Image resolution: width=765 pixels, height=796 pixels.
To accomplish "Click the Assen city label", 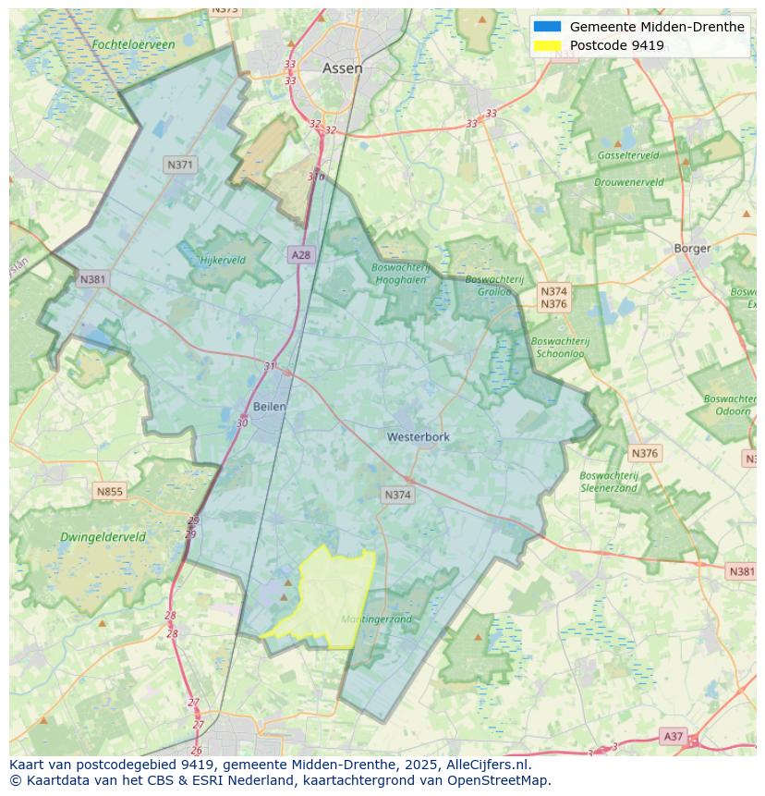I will (342, 68).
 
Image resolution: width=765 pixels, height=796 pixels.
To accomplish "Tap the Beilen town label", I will (269, 406).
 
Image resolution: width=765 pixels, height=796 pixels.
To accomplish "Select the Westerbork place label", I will (419, 436).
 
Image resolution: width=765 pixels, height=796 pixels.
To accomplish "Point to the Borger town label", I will (692, 248).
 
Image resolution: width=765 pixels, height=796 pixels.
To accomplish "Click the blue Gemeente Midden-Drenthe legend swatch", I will (547, 27).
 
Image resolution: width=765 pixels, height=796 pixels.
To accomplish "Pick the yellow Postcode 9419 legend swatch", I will (547, 45).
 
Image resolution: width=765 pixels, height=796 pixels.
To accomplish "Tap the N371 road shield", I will (180, 165).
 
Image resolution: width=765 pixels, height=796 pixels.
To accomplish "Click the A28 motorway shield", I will (300, 254).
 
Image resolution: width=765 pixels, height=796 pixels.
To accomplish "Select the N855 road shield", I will (109, 492).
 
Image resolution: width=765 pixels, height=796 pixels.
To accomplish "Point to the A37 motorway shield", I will (674, 736).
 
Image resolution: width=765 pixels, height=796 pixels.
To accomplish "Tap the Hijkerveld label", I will (223, 260).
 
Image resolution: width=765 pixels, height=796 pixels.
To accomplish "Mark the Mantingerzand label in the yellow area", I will (376, 619).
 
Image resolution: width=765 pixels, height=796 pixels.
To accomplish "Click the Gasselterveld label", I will (628, 155).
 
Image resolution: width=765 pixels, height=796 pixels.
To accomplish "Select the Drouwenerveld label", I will (628, 182).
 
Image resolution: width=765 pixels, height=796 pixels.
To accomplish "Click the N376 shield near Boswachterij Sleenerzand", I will (644, 453).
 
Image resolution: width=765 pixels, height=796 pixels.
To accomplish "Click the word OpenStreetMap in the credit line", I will (500, 781).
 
